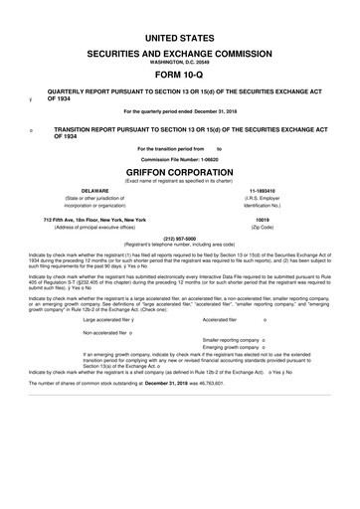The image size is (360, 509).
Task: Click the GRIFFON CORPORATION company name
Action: point(180,169)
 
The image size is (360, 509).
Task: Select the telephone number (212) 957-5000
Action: point(179,239)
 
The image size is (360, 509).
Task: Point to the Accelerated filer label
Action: point(219,320)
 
